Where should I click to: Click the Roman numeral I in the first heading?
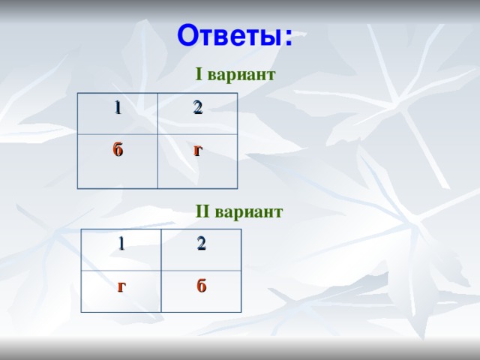click(199, 75)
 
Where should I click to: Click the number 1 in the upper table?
click(117, 107)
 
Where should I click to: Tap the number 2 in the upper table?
click(196, 107)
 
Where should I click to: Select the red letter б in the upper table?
click(118, 148)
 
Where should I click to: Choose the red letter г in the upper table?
click(197, 150)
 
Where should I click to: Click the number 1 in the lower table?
click(121, 243)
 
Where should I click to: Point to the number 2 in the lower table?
click(202, 243)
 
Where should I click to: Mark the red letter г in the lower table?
click(121, 286)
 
